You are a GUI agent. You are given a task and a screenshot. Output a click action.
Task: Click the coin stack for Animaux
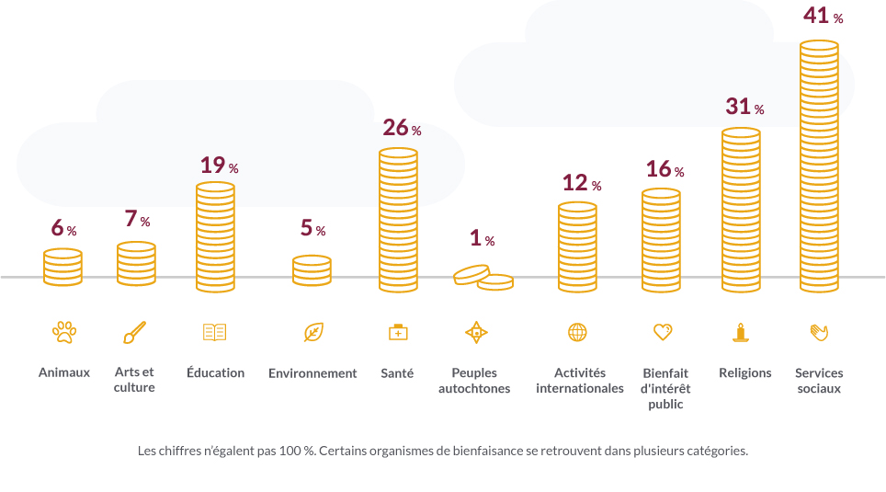62,267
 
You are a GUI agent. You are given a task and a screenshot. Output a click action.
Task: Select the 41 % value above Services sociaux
823,16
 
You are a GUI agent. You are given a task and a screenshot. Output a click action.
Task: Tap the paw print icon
63,332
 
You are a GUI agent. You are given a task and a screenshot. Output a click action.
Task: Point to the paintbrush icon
134,332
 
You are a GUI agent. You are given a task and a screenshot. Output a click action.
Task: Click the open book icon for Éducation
214,332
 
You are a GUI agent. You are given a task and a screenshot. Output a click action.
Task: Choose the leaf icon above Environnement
313,332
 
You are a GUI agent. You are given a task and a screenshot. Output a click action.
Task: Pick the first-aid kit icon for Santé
398,332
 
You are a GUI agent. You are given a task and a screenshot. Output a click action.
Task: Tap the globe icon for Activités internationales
577,332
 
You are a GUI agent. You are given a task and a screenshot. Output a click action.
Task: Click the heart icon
663,332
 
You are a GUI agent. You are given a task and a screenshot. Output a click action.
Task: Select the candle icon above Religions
740,332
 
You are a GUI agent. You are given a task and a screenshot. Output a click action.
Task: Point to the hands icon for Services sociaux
819,332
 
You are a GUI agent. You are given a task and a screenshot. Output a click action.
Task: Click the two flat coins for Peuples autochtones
483,277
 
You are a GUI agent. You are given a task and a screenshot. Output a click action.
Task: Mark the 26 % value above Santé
402,128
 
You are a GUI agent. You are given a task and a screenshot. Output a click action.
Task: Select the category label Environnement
312,373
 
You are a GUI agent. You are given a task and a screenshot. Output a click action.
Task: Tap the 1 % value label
482,239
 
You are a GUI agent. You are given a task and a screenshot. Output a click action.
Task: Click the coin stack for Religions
741,211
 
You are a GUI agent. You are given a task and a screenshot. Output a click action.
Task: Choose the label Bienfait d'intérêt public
665,388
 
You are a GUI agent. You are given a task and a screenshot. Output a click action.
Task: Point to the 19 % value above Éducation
219,166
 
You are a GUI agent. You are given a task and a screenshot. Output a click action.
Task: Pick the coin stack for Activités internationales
577,247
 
